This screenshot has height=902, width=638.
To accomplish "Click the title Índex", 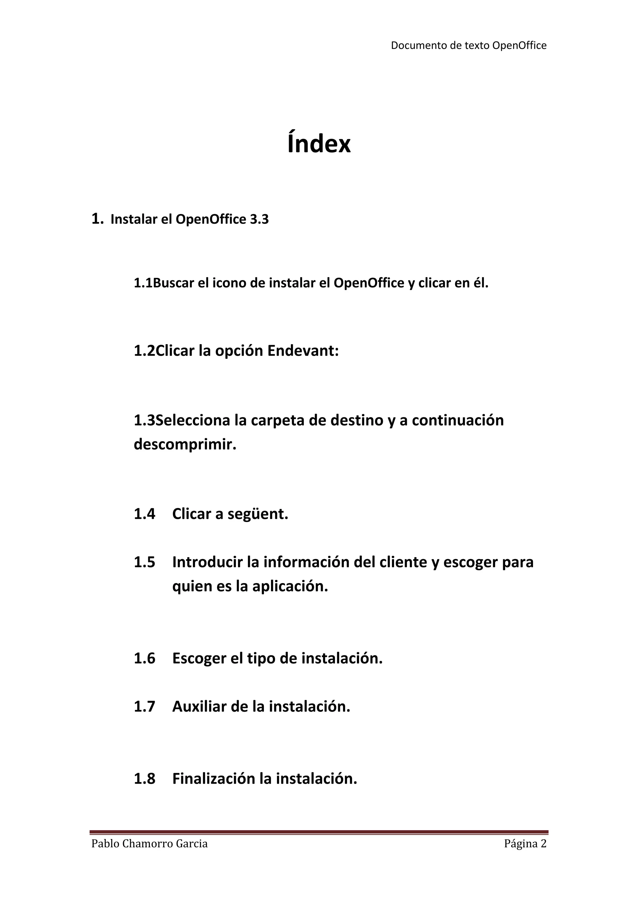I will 319,144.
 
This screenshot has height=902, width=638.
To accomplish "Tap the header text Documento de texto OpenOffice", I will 468,45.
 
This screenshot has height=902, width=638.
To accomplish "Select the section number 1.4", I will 145,514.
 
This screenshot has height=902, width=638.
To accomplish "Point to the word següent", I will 258,514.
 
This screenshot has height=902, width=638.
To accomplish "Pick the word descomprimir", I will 185,445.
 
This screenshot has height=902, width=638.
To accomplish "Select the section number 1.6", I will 145,658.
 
